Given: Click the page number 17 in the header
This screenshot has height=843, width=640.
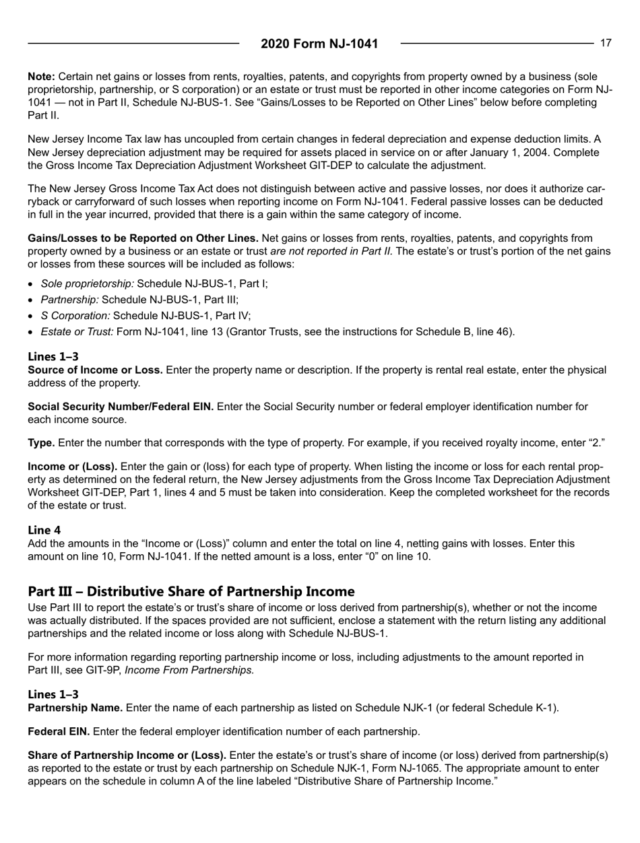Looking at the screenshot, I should pyautogui.click(x=606, y=43).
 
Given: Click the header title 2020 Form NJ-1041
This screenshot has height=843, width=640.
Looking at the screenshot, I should pyautogui.click(x=319, y=44).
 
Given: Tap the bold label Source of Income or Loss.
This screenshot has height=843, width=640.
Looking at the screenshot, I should pyautogui.click(x=94, y=370).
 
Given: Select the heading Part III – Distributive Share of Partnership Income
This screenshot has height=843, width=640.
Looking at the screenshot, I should pyautogui.click(x=191, y=573).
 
